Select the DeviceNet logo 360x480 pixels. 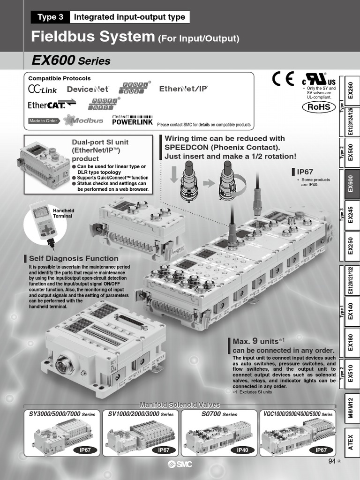(x=88, y=89)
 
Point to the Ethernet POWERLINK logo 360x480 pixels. (x=132, y=120)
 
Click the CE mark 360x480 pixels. (x=283, y=79)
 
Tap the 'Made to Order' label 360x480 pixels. (x=43, y=121)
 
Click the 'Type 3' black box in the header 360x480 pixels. (x=50, y=17)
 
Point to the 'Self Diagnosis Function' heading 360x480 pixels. (x=74, y=258)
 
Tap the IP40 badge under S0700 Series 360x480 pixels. (x=242, y=450)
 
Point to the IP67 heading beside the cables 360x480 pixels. (x=305, y=172)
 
